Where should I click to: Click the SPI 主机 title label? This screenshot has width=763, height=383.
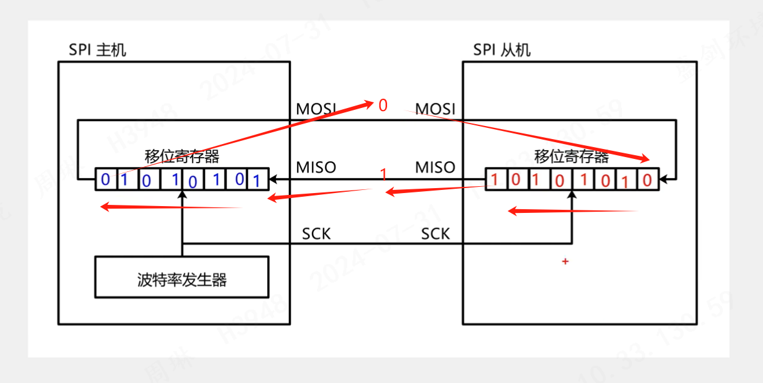(98, 50)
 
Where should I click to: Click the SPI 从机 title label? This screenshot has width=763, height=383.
(501, 50)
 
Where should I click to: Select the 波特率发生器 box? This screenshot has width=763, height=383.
(181, 279)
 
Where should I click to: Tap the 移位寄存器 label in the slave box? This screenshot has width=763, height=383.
(571, 156)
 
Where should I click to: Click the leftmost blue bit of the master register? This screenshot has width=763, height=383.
(105, 180)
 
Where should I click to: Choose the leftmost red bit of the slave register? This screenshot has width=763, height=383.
(495, 179)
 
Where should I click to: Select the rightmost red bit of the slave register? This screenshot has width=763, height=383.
(647, 181)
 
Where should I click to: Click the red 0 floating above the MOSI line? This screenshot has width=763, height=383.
(383, 106)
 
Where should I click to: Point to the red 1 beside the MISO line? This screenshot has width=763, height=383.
(383, 175)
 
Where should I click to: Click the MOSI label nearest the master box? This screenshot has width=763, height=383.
(316, 109)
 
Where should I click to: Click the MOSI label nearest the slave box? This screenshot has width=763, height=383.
(435, 109)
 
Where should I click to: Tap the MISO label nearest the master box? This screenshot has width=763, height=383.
(316, 167)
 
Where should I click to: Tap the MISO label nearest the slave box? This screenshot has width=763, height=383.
(435, 167)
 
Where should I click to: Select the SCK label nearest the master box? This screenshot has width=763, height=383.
(316, 234)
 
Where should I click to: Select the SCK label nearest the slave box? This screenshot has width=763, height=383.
(436, 234)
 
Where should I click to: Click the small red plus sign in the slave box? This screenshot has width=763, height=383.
(565, 262)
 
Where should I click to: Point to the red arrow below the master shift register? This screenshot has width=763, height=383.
(171, 207)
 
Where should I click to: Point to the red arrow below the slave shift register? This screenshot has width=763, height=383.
(572, 211)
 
